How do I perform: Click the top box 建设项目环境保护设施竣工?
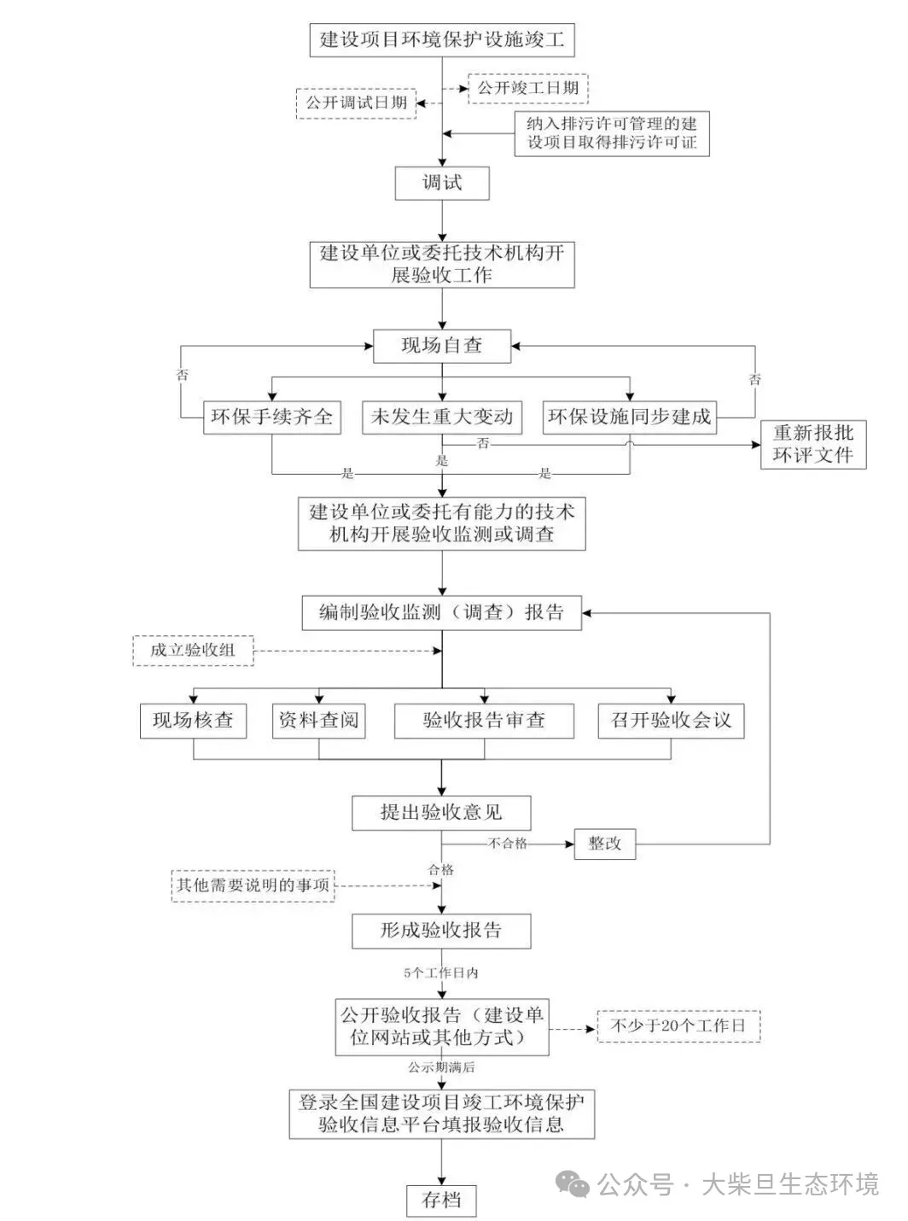pos(441,39)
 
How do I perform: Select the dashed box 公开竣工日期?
pos(528,88)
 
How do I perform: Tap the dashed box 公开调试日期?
pos(356,103)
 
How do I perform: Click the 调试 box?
pos(441,183)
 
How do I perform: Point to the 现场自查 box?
pos(441,346)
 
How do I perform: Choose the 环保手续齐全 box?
pos(271,418)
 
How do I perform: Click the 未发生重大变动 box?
pos(441,418)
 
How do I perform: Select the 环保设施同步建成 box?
pos(630,418)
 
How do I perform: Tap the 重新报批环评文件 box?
pos(812,444)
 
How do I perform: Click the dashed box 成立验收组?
pos(193,651)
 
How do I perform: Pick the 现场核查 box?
pos(193,721)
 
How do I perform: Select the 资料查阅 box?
pos(318,721)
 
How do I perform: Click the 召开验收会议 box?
pos(671,721)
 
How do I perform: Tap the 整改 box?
pos(605,844)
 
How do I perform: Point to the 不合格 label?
pos(508,844)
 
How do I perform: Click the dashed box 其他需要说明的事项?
pos(253,885)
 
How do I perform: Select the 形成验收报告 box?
pos(441,931)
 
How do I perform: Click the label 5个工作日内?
pos(441,973)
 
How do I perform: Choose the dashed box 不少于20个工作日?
pos(678,1025)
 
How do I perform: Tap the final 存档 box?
pos(441,1200)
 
